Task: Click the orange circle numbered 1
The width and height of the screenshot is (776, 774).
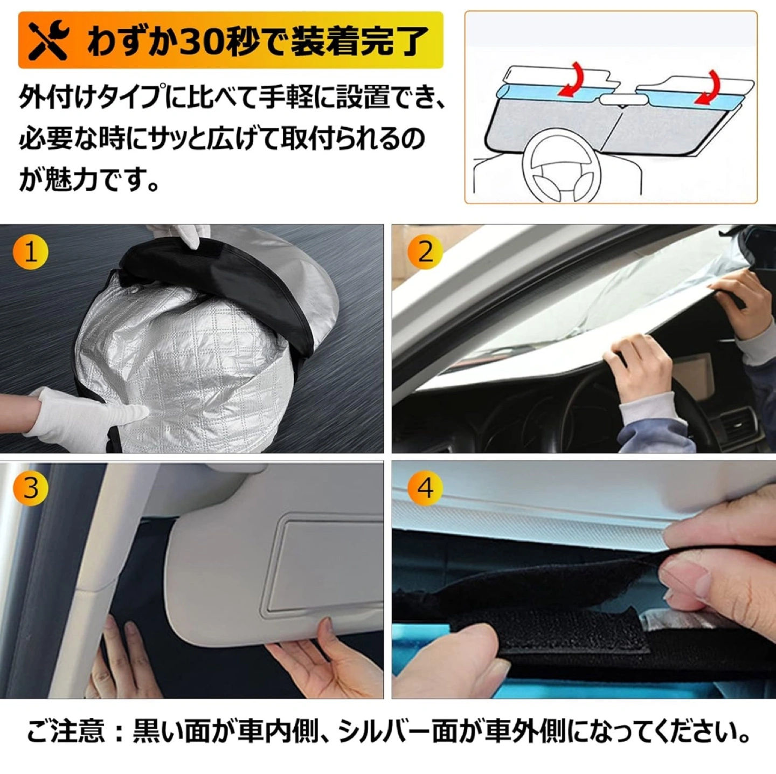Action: click(x=31, y=253)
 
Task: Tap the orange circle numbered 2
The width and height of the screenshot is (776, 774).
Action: click(x=425, y=253)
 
